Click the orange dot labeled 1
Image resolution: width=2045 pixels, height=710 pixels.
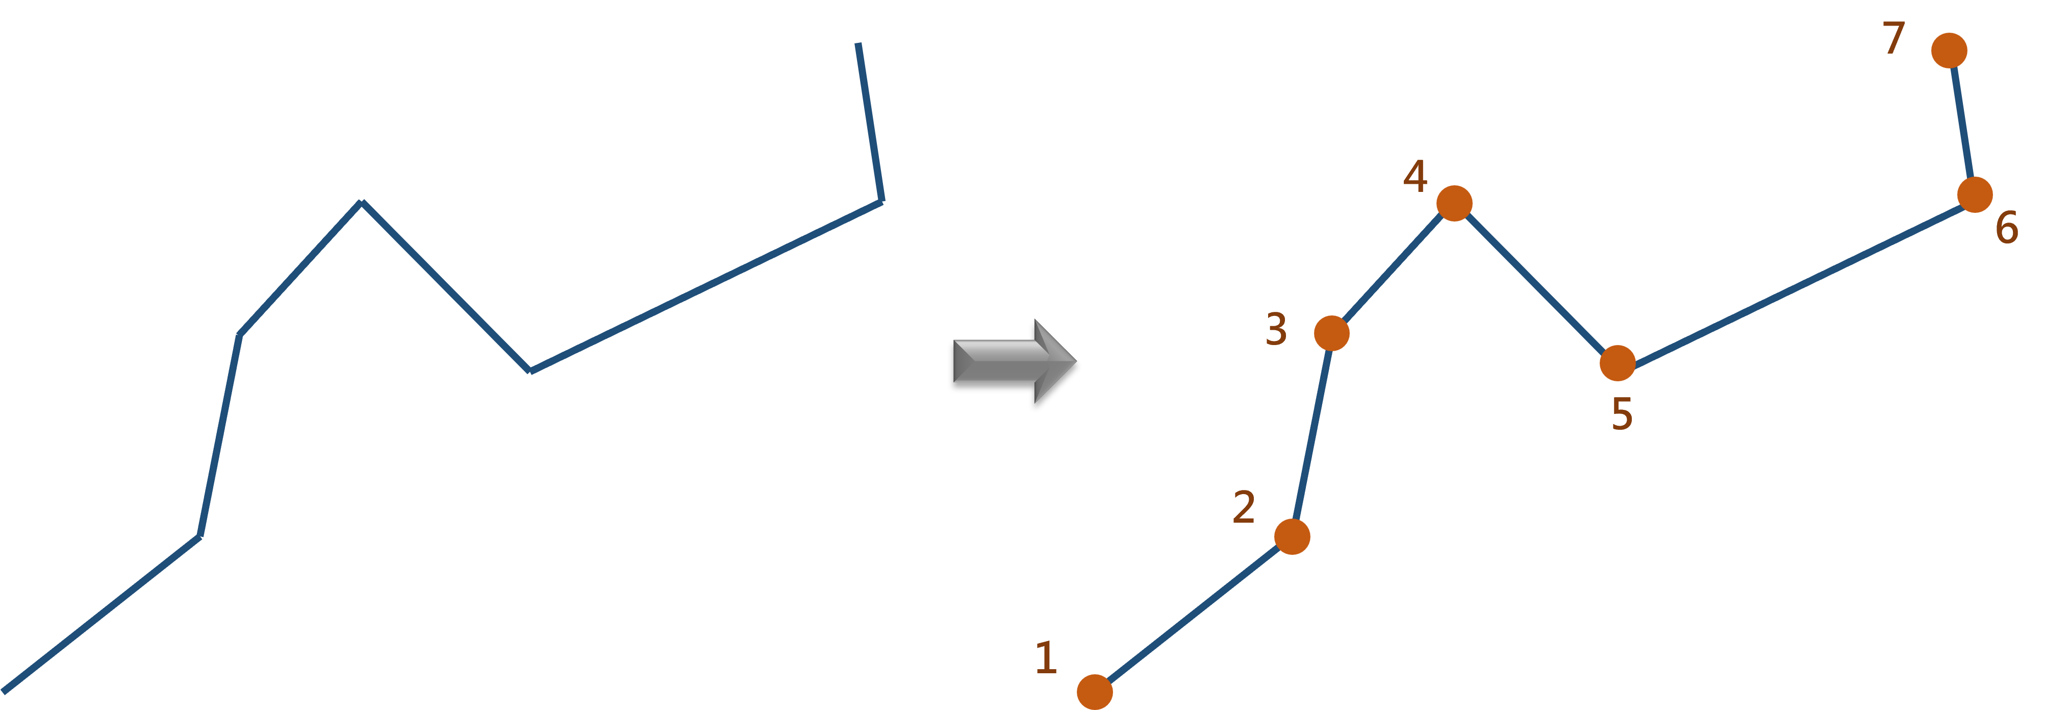[x=1095, y=692]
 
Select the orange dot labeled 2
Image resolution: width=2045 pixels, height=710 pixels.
[x=1292, y=537]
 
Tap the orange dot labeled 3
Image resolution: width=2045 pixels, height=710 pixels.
[x=1331, y=333]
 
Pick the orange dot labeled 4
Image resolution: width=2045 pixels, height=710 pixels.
[x=1454, y=203]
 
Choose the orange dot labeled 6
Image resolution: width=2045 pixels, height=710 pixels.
[x=1974, y=194]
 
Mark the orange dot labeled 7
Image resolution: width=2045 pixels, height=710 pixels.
[x=1949, y=51]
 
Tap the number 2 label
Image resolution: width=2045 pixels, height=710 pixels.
[x=1243, y=507]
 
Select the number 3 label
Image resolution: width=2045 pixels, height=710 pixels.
[x=1276, y=329]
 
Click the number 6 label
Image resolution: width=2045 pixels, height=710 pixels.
[x=2007, y=229]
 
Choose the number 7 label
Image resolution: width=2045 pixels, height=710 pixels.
[x=1894, y=39]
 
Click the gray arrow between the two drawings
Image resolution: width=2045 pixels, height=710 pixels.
[x=1014, y=361]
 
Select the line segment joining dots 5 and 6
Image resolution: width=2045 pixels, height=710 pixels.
[x=1796, y=280]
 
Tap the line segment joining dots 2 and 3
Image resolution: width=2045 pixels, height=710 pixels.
[x=1311, y=435]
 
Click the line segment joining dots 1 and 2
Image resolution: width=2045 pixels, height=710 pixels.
[x=1193, y=615]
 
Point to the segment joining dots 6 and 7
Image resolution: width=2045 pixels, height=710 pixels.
[x=1962, y=123]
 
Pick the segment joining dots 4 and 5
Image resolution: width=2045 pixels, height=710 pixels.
[x=1535, y=283]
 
